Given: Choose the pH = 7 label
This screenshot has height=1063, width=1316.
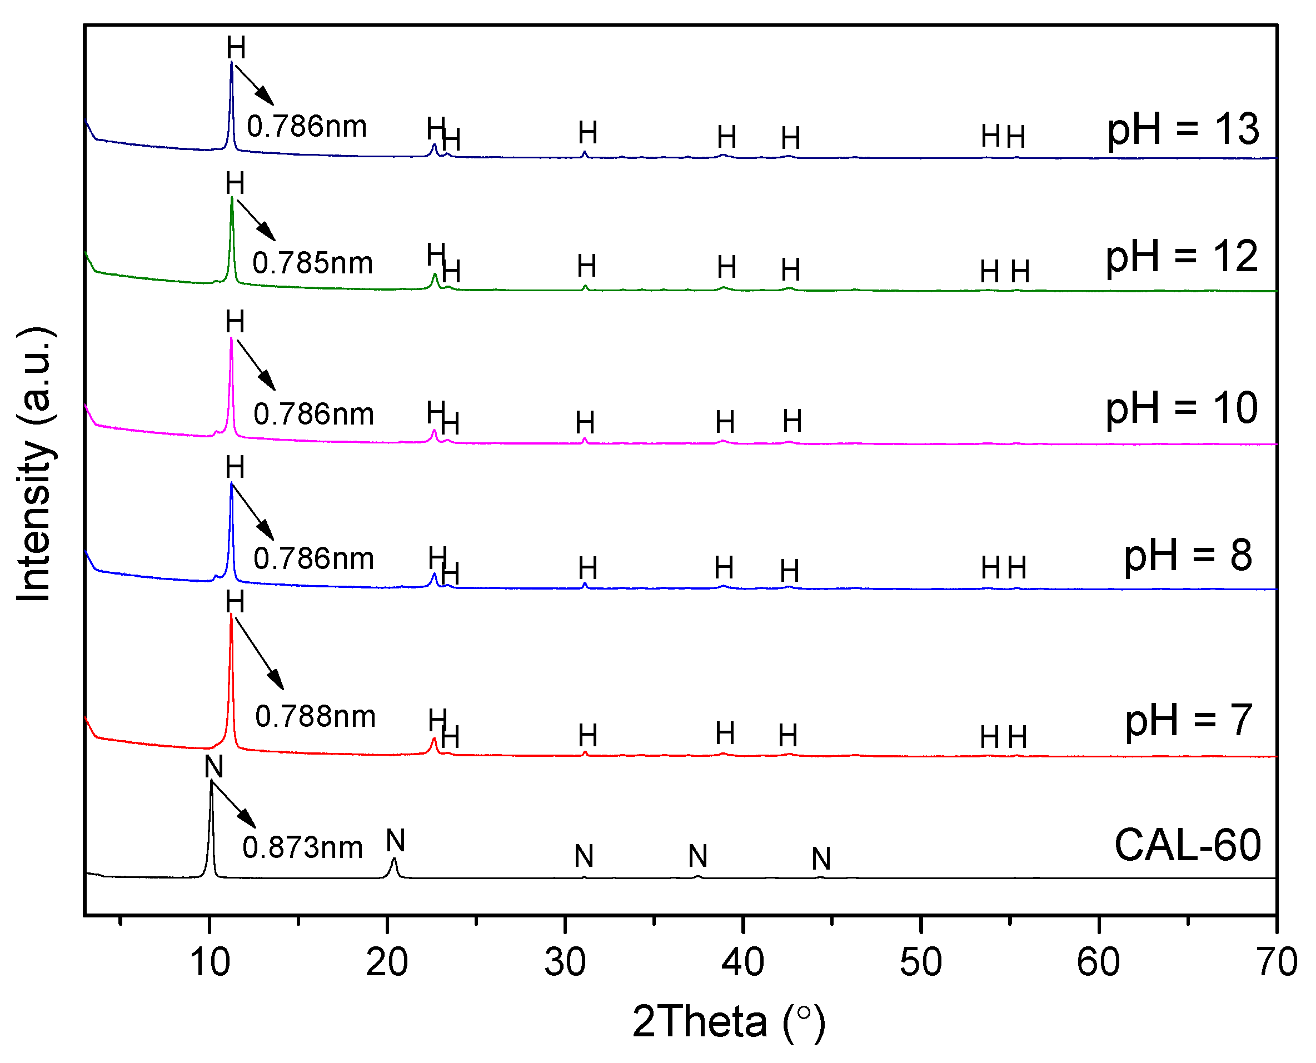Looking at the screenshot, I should pyautogui.click(x=1188, y=720).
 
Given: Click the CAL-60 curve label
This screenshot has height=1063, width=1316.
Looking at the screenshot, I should pyautogui.click(x=1187, y=845).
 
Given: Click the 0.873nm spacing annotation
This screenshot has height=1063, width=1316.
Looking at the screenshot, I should pyautogui.click(x=302, y=848).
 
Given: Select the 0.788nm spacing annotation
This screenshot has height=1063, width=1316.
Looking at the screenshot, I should pyautogui.click(x=315, y=716).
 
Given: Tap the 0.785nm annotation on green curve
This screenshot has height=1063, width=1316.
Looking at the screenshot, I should pyautogui.click(x=312, y=263).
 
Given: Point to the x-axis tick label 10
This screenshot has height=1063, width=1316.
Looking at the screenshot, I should pyautogui.click(x=210, y=962).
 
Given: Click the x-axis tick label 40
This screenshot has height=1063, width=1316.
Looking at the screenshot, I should pyautogui.click(x=742, y=962).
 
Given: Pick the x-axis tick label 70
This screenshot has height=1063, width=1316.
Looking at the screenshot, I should pyautogui.click(x=1276, y=962).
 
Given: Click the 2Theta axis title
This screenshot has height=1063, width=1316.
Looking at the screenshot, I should pyautogui.click(x=729, y=1021).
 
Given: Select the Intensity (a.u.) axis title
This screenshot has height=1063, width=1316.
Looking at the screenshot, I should pyautogui.click(x=36, y=465).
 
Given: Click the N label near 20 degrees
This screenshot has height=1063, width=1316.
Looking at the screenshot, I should pyautogui.click(x=396, y=841).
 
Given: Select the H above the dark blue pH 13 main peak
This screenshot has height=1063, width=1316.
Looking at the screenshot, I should pyautogui.click(x=236, y=48).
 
